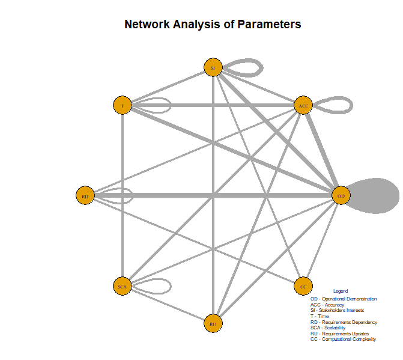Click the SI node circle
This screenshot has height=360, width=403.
pyautogui.click(x=213, y=68)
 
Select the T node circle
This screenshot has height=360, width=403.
pyautogui.click(x=122, y=105)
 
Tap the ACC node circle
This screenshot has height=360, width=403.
pyautogui.click(x=303, y=106)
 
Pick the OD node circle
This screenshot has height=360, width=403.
pyautogui.click(x=341, y=195)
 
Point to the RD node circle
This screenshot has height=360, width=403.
pyautogui.click(x=85, y=195)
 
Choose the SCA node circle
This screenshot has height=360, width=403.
pyautogui.click(x=122, y=286)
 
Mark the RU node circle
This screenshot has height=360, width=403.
pyautogui.click(x=213, y=323)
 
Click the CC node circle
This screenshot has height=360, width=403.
pyautogui.click(x=303, y=286)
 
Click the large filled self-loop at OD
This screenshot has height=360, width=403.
pyautogui.click(x=375, y=195)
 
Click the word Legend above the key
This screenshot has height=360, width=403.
pyautogui.click(x=340, y=291)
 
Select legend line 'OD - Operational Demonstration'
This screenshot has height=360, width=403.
pyautogui.click(x=344, y=299)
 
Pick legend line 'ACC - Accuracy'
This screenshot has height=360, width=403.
pyautogui.click(x=327, y=305)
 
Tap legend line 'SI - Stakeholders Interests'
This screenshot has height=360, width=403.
pyautogui.click(x=337, y=311)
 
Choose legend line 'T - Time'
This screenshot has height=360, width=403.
pyautogui.click(x=320, y=316)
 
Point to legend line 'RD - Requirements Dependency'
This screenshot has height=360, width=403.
pyautogui.click(x=344, y=322)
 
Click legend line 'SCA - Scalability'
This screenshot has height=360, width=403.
pyautogui.click(x=328, y=328)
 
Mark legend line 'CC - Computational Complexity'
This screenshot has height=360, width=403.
pyautogui.click(x=343, y=339)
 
